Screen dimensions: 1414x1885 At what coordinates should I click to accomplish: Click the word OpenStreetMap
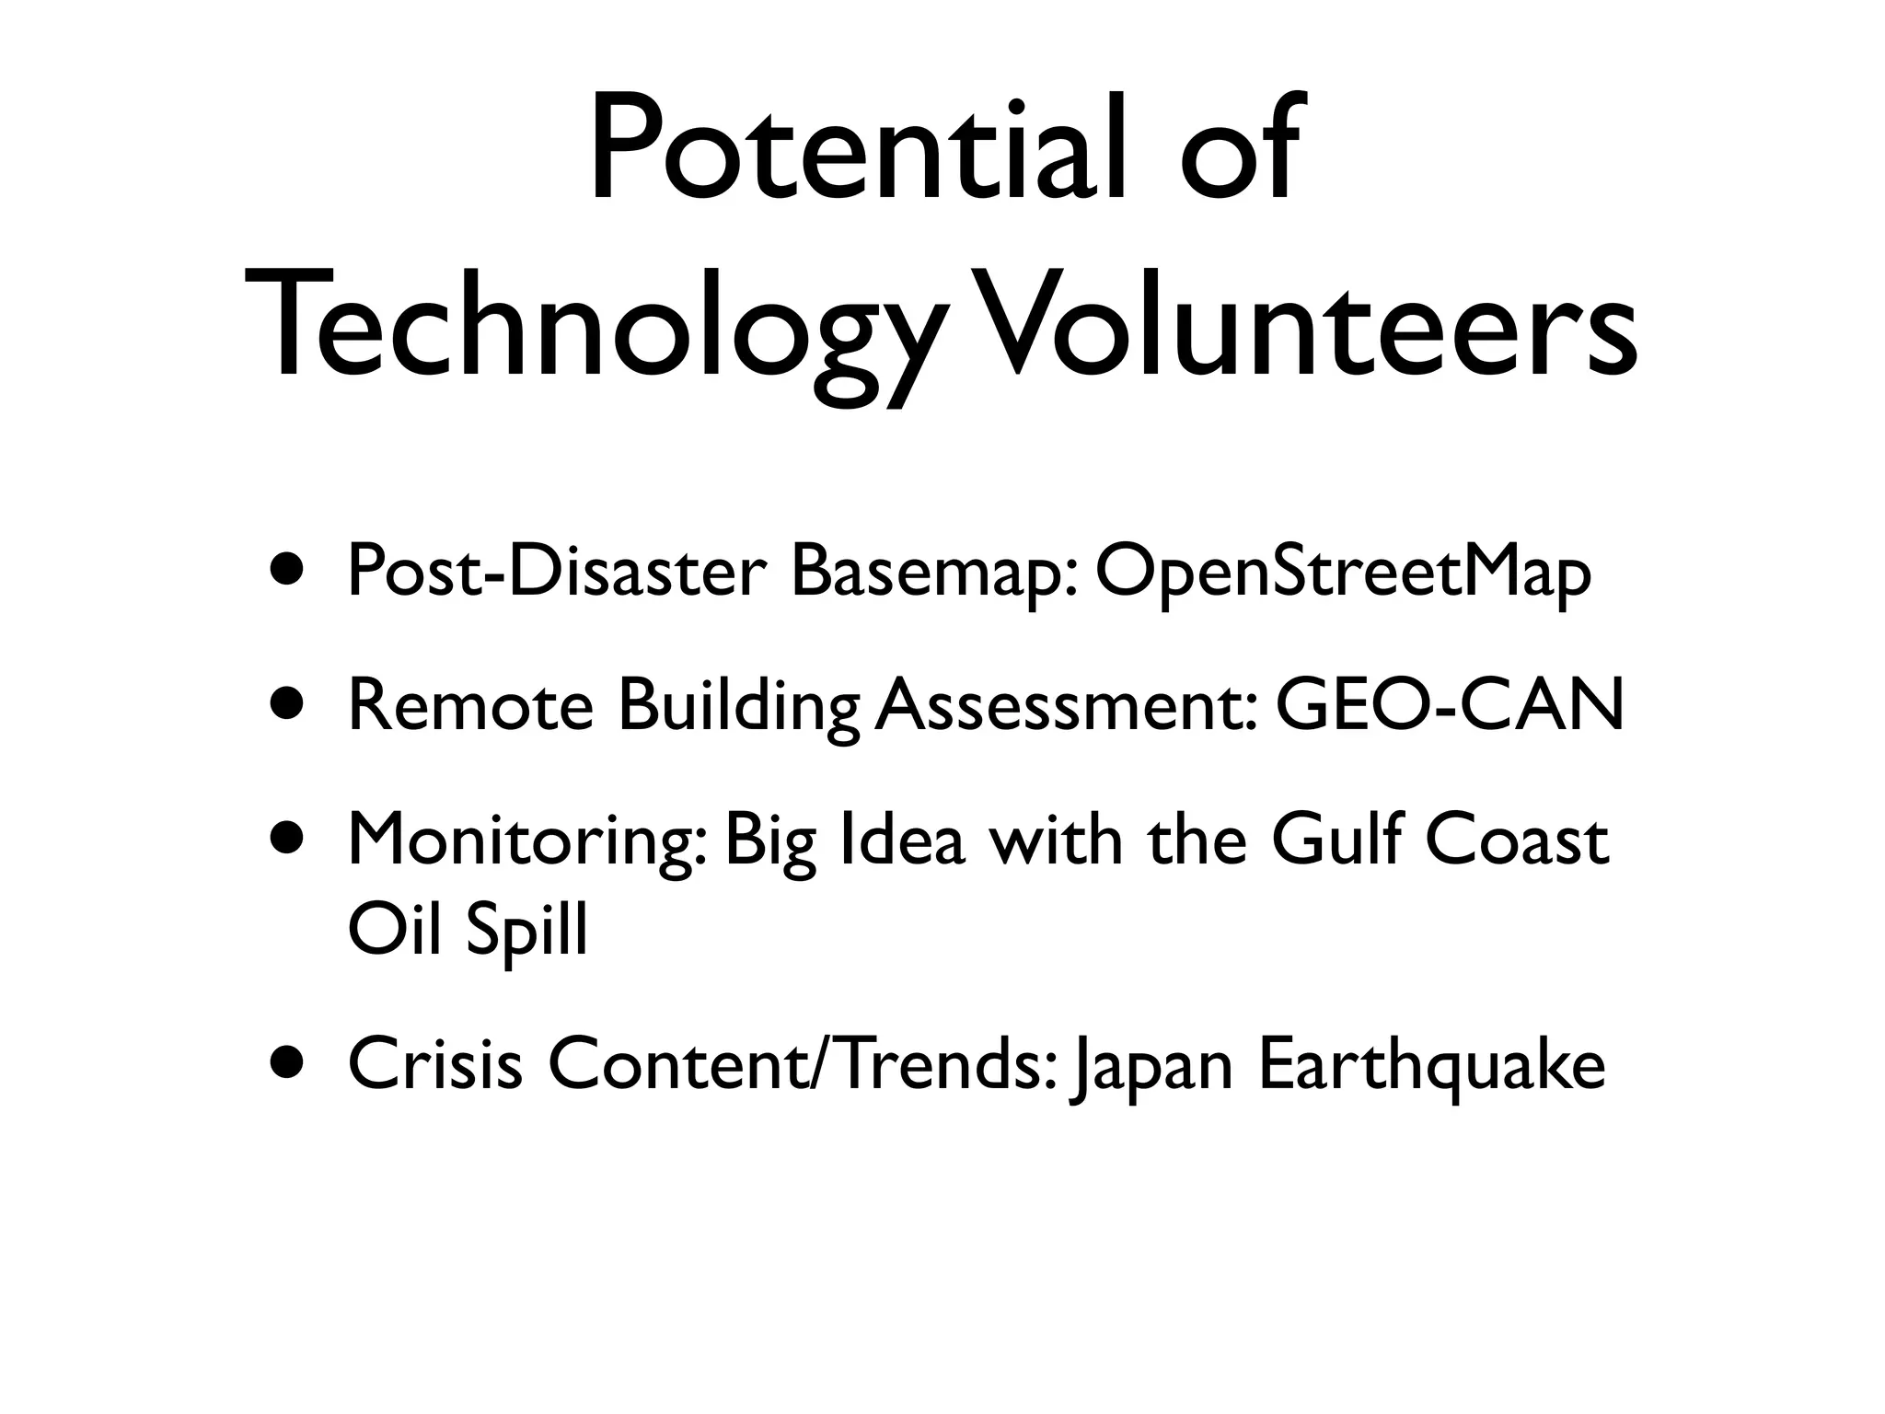coord(1343,573)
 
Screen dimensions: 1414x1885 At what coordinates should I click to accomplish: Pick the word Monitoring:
coord(528,843)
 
